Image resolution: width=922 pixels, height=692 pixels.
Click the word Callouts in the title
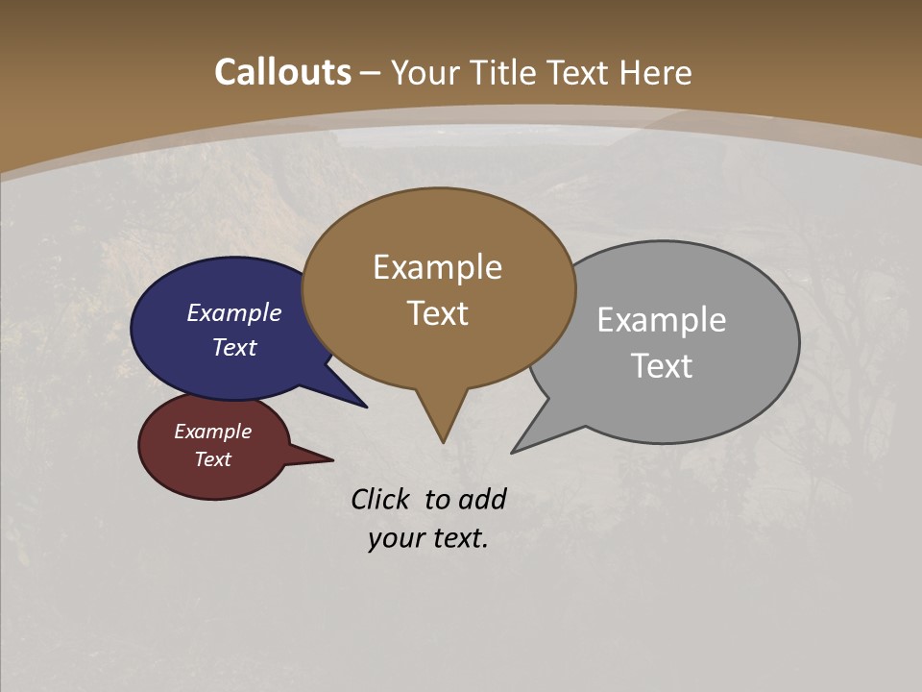[x=282, y=72]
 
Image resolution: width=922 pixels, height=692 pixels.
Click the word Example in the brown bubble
[x=437, y=267]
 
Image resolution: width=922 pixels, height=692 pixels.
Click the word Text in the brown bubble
[x=437, y=313]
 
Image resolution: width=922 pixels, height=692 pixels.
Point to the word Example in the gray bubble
[x=661, y=320]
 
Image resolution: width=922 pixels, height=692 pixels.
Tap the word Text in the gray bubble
[x=661, y=366]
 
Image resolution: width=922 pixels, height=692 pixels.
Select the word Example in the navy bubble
[x=233, y=312]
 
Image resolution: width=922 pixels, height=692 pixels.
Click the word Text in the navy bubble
[x=233, y=347]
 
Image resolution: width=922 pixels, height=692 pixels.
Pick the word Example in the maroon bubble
[x=212, y=432]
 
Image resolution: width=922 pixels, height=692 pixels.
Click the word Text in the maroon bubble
[x=212, y=459]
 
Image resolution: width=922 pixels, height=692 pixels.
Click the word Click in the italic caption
[x=382, y=499]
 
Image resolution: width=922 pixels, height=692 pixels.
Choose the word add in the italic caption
[x=481, y=499]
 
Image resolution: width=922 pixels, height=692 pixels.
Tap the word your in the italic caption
[x=394, y=538]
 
